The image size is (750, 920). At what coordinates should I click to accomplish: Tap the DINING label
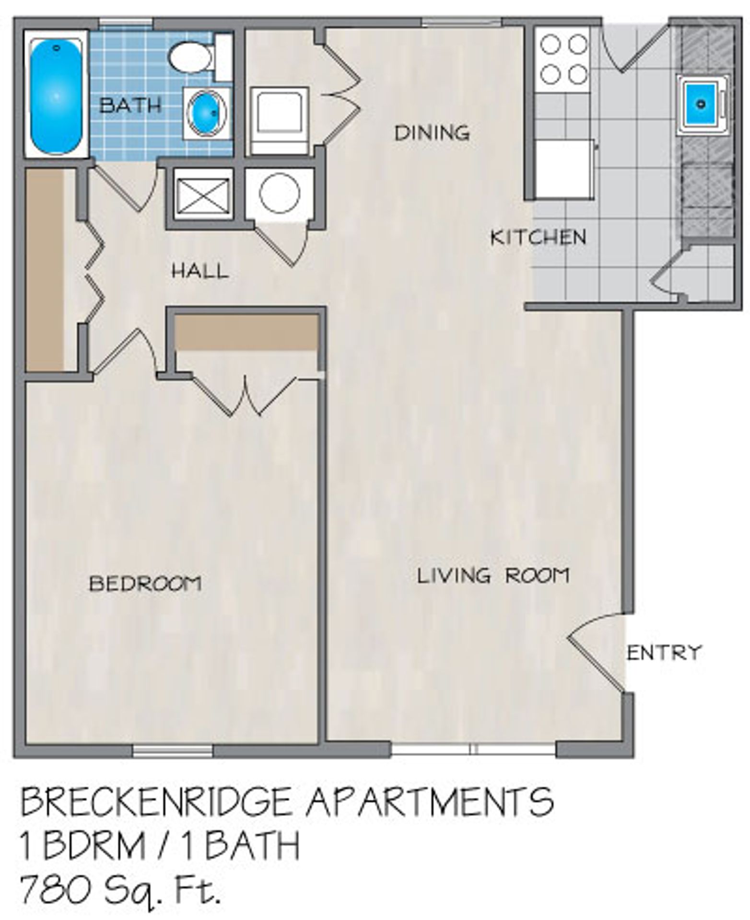(432, 133)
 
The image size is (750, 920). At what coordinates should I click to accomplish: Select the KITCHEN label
(538, 237)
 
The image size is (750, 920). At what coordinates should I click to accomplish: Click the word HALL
(200, 272)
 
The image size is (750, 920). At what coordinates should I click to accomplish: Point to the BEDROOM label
(145, 584)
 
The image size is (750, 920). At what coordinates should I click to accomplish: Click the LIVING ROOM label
(493, 575)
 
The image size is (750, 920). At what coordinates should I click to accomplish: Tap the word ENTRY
(664, 653)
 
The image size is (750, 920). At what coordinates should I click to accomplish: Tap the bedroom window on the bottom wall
(172, 750)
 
